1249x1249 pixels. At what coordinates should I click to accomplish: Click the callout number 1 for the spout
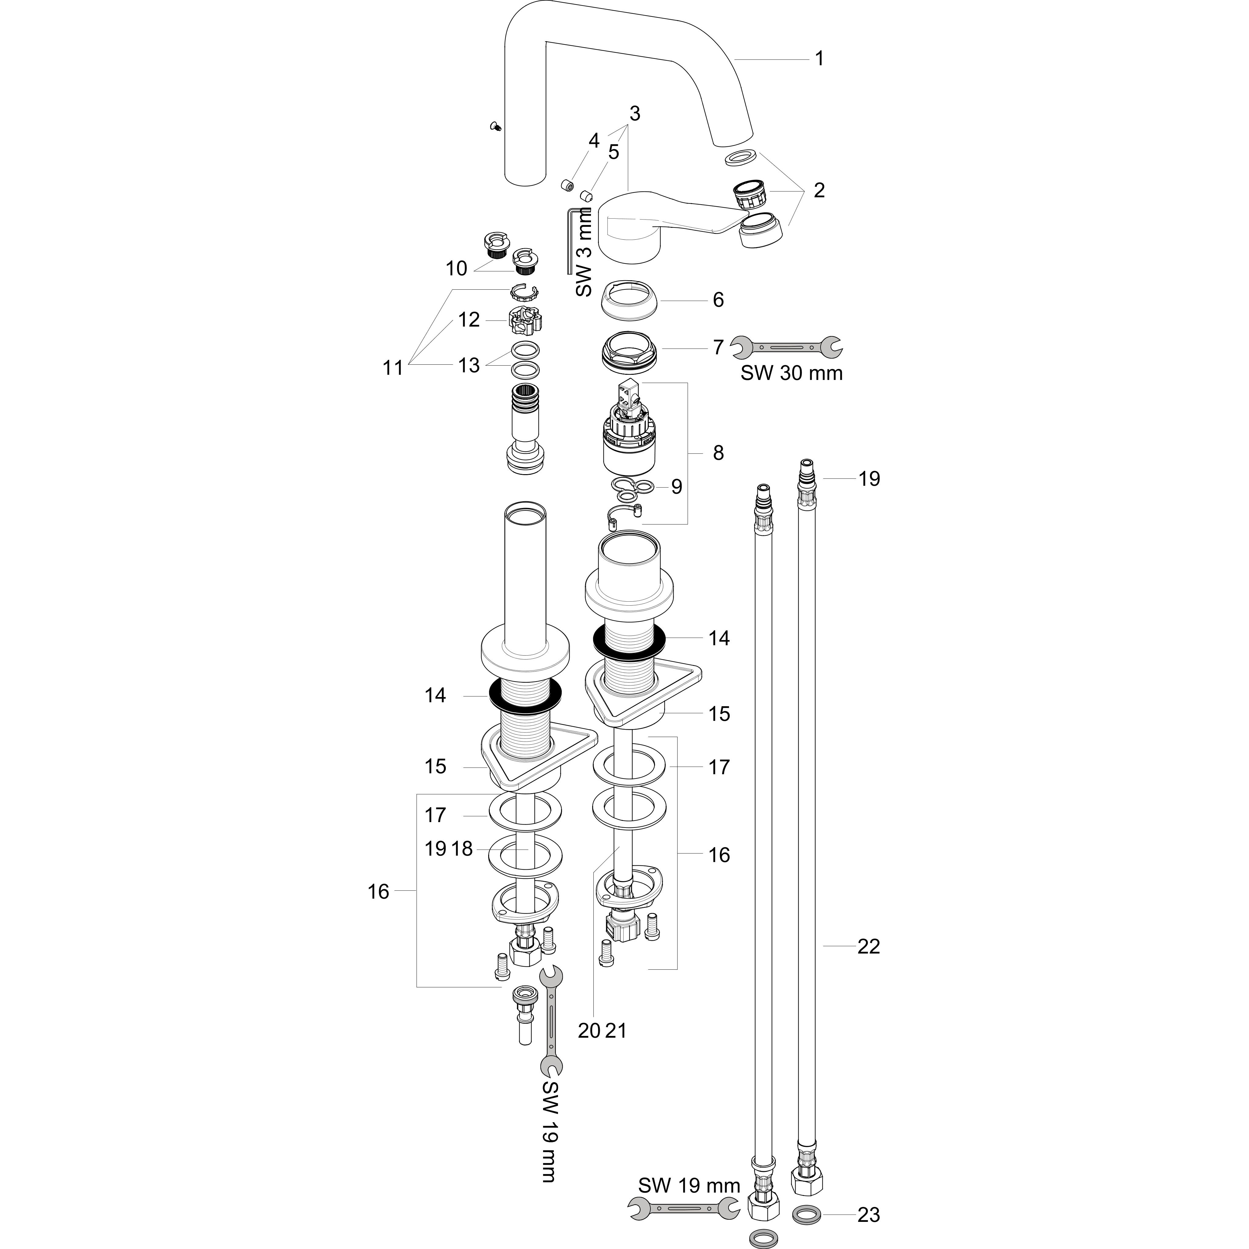coord(819,59)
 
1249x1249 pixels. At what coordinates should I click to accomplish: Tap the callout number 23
coord(868,1215)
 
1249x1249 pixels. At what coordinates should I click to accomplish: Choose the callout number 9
coord(676,487)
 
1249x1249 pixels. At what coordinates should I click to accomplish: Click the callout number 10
coord(456,268)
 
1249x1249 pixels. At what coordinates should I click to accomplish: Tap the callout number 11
coord(392,368)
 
